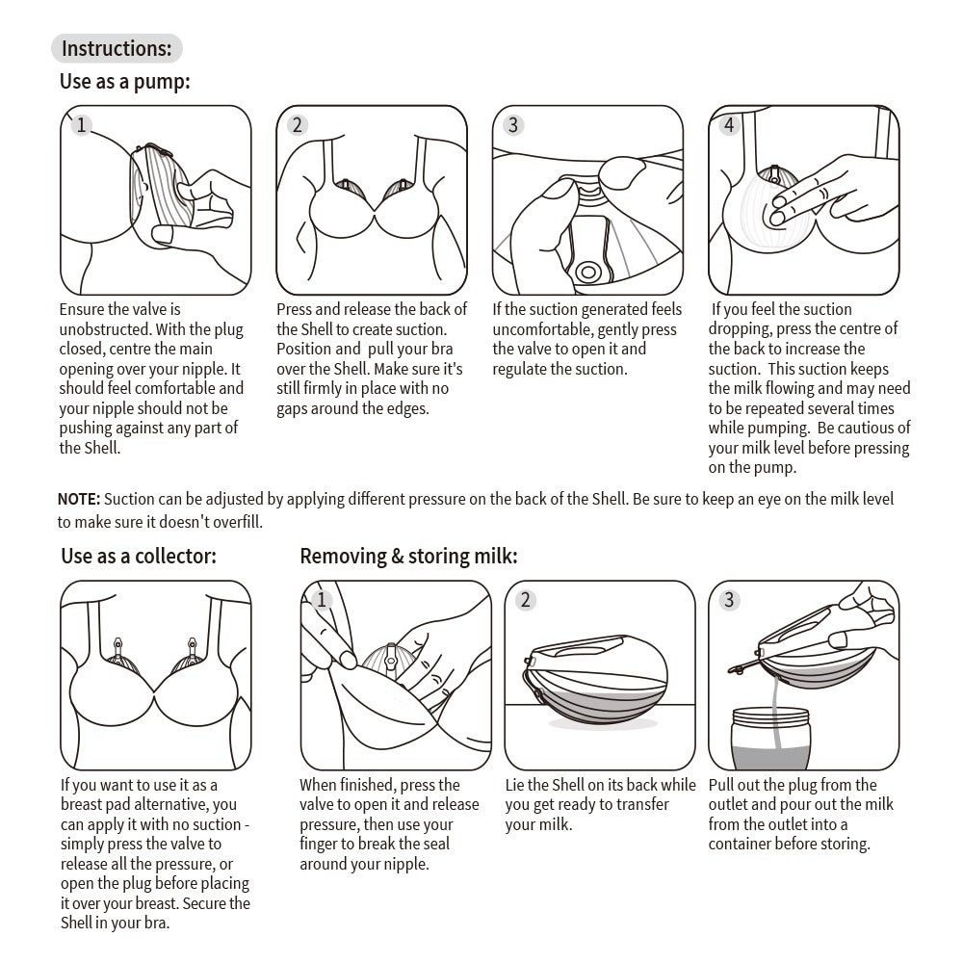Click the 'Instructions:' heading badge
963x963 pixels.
coord(117,48)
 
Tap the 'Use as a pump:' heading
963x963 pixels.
coord(125,82)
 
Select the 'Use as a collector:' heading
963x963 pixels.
coord(139,556)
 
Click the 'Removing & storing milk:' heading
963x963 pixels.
coord(408,556)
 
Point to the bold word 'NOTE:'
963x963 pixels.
coord(79,499)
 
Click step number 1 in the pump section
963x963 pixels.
coord(82,125)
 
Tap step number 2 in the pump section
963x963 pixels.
coord(298,125)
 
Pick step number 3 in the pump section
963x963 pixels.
coord(513,125)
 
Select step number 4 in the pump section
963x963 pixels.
coord(729,125)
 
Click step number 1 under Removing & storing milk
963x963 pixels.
coord(322,600)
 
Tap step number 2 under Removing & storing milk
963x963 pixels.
coord(526,600)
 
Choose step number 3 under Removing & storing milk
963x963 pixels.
coord(729,600)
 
